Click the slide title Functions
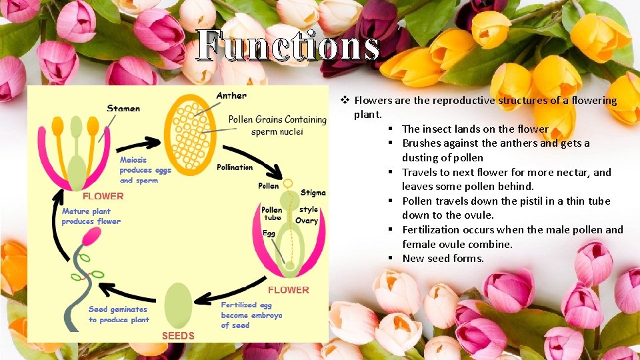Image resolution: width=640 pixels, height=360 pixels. [x=288, y=47]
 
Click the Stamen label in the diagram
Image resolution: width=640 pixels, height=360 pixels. [x=123, y=108]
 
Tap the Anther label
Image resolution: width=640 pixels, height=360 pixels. [x=231, y=95]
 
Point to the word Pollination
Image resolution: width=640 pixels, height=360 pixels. [x=235, y=167]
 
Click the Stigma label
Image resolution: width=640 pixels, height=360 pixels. [x=313, y=193]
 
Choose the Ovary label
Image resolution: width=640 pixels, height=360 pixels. [x=307, y=221]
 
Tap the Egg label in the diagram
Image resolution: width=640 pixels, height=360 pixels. [x=269, y=233]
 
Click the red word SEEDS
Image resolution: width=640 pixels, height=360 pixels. [x=178, y=335]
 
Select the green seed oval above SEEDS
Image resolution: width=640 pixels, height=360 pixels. [x=178, y=305]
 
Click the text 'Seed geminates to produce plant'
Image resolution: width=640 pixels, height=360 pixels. [x=119, y=315]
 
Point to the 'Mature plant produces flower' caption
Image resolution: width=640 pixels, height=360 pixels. [x=91, y=217]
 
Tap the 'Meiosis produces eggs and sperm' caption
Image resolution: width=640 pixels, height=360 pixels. [x=145, y=170]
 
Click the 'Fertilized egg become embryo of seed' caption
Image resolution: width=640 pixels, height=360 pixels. [x=251, y=315]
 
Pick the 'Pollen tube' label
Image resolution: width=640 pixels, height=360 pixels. [x=271, y=213]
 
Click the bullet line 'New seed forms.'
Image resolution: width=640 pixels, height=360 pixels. [x=443, y=259]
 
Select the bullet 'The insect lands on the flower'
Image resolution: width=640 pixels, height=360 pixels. [x=475, y=129]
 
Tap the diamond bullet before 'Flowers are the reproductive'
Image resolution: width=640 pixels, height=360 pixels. [x=345, y=101]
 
